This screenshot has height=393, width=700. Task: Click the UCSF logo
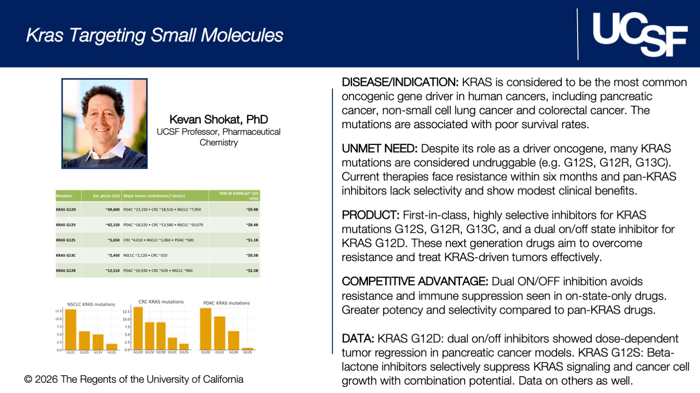click(x=639, y=34)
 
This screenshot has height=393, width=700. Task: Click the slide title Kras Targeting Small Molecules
click(x=155, y=35)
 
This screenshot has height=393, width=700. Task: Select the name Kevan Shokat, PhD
click(x=219, y=119)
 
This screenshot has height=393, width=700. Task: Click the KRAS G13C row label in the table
click(x=66, y=255)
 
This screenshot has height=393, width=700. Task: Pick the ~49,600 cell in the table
click(x=113, y=210)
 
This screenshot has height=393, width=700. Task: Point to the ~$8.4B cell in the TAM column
click(x=252, y=225)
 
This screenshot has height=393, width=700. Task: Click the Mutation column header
click(x=64, y=196)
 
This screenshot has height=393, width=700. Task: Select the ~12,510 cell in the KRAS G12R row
click(x=113, y=270)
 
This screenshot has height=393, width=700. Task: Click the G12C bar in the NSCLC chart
click(x=71, y=329)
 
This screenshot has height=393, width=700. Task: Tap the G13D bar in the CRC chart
click(x=161, y=336)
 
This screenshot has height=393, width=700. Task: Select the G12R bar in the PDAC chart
click(x=233, y=340)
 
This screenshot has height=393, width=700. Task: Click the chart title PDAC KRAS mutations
click(x=226, y=303)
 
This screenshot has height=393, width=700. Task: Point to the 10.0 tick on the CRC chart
click(x=126, y=319)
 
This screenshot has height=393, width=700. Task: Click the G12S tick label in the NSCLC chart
click(x=112, y=353)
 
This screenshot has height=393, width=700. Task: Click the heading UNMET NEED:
click(x=379, y=149)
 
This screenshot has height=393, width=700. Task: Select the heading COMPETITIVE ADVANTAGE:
click(x=415, y=282)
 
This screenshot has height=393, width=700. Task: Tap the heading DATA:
click(x=358, y=339)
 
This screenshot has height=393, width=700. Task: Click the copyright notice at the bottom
click(x=134, y=379)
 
